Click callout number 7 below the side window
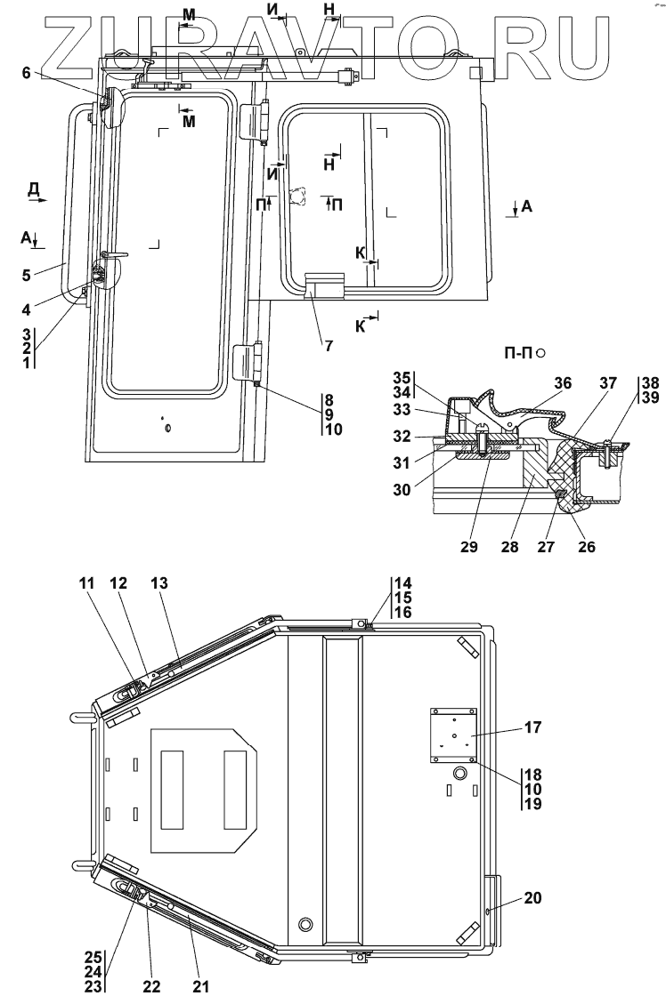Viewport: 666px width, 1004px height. tap(329, 346)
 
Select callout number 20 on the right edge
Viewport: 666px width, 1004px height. tap(532, 898)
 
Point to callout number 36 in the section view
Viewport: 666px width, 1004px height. tap(562, 382)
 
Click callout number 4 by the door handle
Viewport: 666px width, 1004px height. tap(27, 309)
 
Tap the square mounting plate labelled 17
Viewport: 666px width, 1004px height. tap(453, 734)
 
